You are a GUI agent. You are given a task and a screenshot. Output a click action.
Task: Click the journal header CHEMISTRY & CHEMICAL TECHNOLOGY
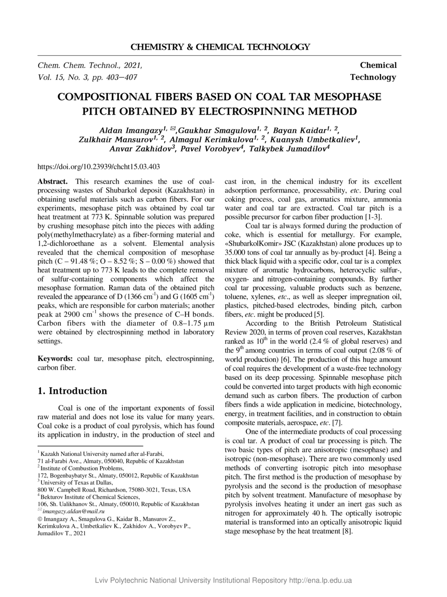tap(220, 47)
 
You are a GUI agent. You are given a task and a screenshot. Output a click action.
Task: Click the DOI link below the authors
tap(99, 167)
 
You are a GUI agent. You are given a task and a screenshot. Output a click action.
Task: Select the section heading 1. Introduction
tap(72, 391)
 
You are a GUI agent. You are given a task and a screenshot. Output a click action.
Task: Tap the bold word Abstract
tap(52, 182)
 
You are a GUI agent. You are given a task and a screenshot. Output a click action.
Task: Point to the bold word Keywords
tap(55, 359)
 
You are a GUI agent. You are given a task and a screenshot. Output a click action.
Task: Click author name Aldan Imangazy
tap(130, 131)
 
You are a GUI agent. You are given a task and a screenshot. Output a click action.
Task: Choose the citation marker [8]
tap(347, 532)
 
